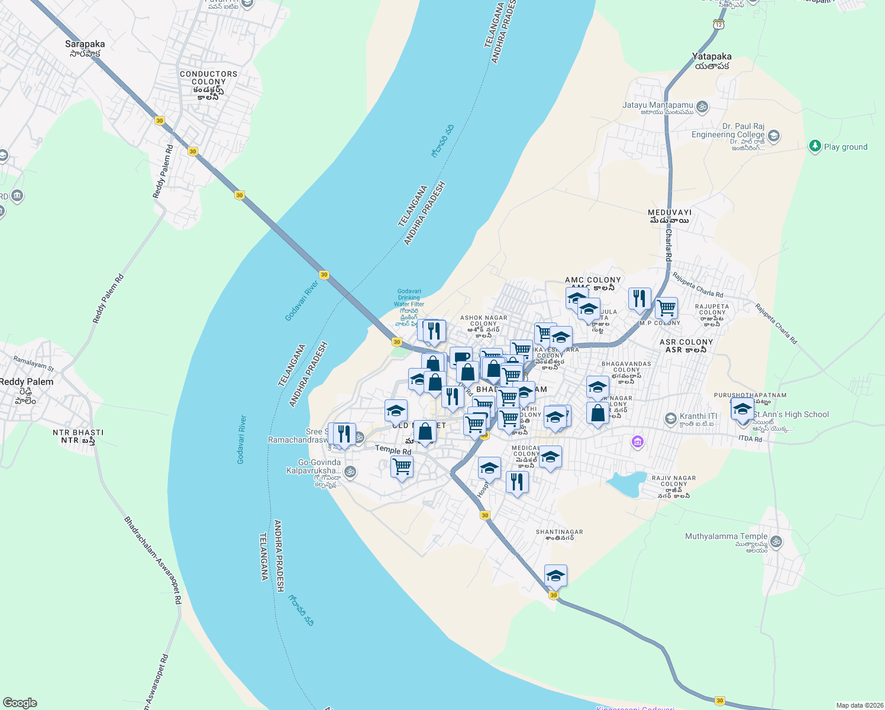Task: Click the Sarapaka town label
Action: [85, 48]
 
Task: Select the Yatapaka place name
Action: [712, 61]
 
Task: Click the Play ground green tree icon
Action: [815, 146]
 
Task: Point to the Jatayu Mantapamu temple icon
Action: [702, 107]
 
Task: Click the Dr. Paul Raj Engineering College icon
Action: [773, 137]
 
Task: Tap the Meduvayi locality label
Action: [669, 216]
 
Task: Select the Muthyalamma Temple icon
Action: [776, 541]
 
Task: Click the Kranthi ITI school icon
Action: [670, 419]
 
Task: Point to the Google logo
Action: [20, 702]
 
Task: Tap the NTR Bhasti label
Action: [78, 436]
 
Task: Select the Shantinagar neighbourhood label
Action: [559, 535]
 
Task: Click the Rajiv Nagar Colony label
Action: [674, 486]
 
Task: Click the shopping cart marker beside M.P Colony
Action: [666, 308]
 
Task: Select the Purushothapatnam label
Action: [750, 395]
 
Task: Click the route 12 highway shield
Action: [718, 24]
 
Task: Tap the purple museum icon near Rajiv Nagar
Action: [637, 441]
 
